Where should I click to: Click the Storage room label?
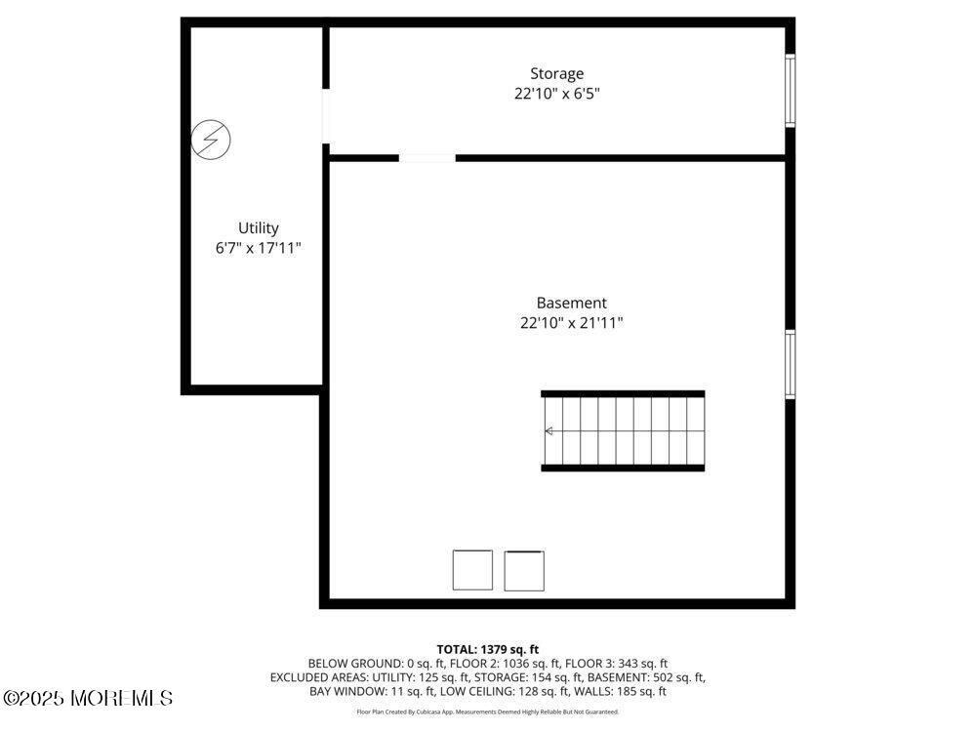pos(556,73)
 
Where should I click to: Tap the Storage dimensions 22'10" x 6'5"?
pos(556,94)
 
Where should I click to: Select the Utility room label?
pos(259,228)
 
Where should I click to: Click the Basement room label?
pos(571,304)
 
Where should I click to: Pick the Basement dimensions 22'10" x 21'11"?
pos(571,323)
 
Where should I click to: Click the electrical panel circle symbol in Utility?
pos(212,140)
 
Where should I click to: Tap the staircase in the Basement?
pos(623,431)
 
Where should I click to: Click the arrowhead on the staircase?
pos(549,431)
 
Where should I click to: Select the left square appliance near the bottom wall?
pos(472,570)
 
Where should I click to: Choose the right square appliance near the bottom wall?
pos(524,570)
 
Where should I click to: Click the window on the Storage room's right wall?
pos(790,91)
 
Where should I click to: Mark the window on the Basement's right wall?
pos(790,364)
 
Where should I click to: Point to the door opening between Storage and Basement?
pos(427,157)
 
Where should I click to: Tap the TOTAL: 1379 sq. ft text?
pos(487,649)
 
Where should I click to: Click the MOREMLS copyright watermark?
pos(88,698)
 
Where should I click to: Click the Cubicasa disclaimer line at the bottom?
pos(487,712)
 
